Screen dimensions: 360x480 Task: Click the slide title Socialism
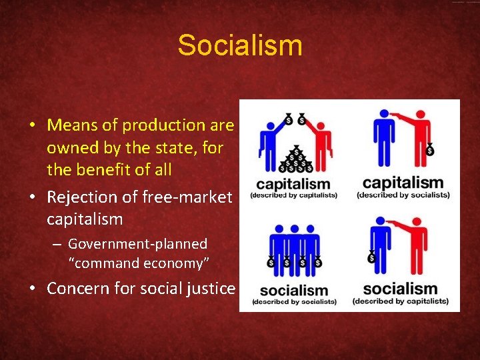pos(240,46)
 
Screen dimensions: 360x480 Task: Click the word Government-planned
pos(137,244)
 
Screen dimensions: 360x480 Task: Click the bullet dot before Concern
pos(31,289)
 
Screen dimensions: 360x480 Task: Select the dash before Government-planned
pos(58,244)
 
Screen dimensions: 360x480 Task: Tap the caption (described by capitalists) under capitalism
pos(294,195)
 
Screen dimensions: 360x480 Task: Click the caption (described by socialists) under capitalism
pos(403,195)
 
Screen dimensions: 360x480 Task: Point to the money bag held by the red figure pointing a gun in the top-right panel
pos(430,150)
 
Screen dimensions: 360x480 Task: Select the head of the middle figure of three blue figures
pos(294,219)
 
